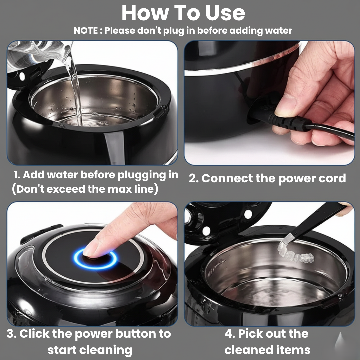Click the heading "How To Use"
click(183, 13)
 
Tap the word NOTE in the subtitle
click(86, 31)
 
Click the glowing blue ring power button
click(95, 259)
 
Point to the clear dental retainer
click(295, 253)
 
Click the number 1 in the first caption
click(16, 175)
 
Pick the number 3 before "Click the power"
click(10, 334)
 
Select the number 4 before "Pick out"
click(229, 334)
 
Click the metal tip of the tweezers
click(286, 239)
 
